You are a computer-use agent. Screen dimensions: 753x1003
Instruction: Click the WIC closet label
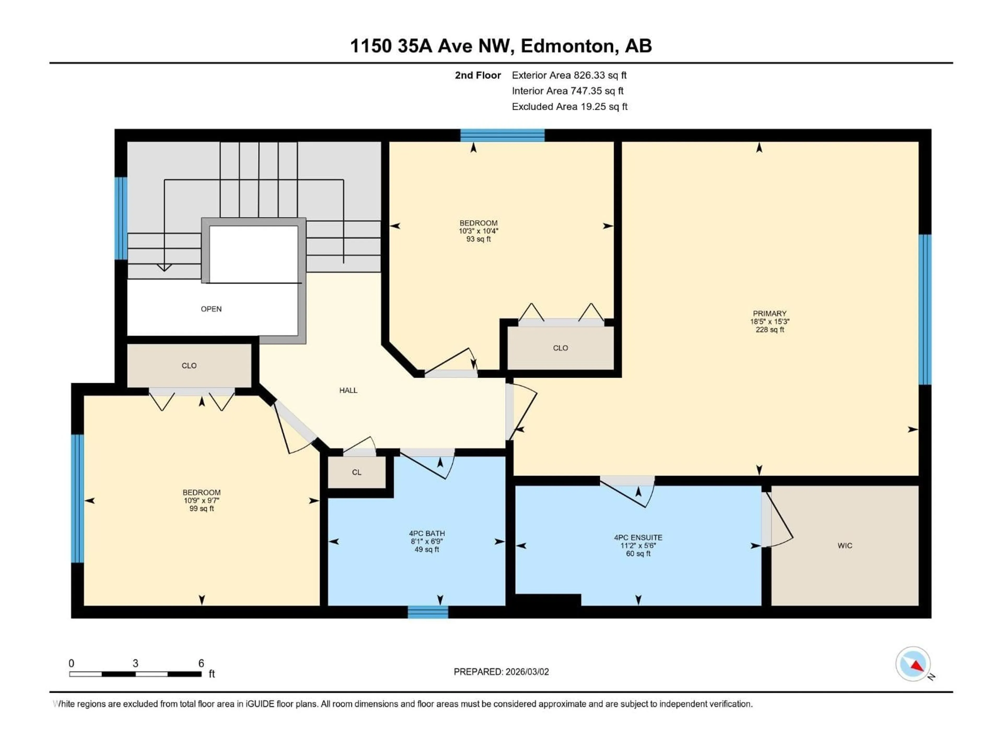pos(844,546)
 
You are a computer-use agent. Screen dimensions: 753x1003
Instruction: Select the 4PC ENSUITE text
pos(638,537)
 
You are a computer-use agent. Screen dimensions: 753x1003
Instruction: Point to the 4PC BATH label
pos(427,533)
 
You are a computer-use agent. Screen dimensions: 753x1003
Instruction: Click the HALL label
pos(348,390)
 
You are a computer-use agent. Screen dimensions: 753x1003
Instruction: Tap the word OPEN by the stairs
pos(211,309)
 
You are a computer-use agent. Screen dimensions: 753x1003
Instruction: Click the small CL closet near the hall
pos(356,472)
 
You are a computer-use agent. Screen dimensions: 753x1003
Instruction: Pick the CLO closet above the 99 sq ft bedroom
pos(189,366)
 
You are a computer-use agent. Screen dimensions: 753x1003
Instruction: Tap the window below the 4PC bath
pos(428,612)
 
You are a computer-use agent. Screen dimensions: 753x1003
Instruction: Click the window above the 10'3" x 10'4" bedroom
pos(502,135)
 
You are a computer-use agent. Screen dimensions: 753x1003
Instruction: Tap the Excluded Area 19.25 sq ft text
pos(569,107)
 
